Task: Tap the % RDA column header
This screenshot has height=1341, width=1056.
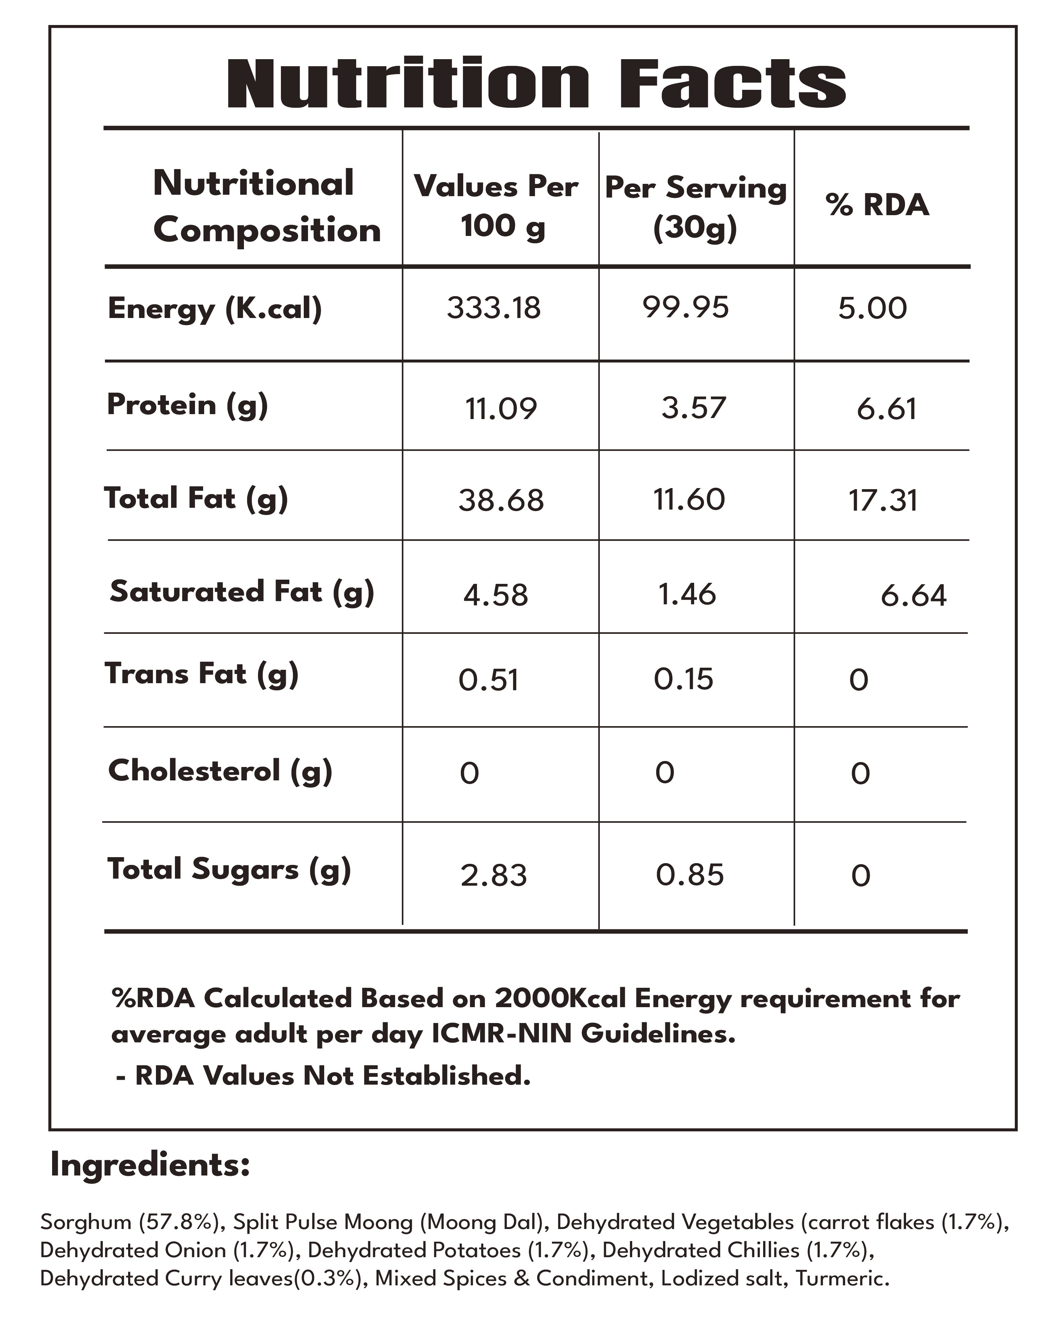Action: coord(877,205)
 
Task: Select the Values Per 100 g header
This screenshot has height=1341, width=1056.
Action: coord(496,205)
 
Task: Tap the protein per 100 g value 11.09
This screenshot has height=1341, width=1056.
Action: coord(501,409)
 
